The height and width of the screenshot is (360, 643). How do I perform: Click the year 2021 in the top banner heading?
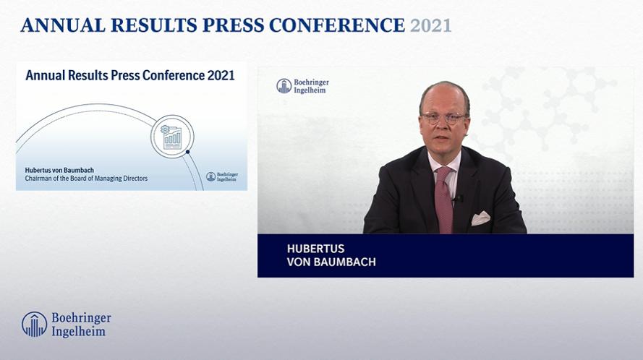point(430,25)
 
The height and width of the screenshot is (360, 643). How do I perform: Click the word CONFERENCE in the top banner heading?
point(337,25)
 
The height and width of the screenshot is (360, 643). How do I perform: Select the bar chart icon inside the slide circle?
point(172,138)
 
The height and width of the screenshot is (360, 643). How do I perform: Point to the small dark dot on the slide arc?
point(188,152)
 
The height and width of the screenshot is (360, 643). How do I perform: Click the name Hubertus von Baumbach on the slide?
point(59,170)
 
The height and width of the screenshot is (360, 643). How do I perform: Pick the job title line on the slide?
point(86,179)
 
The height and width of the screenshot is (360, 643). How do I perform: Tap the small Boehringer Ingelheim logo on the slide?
point(222,176)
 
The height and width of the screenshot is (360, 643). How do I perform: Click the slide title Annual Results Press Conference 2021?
point(130,75)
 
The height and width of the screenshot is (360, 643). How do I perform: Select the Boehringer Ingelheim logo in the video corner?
point(302,86)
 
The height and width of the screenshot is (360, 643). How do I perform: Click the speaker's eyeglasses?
point(445,118)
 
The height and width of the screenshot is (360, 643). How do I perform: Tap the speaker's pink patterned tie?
point(443,200)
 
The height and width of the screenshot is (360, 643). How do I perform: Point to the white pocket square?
point(480,218)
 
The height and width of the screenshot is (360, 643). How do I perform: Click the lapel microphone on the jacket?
point(457,199)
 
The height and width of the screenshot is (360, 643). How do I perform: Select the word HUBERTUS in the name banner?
point(316,249)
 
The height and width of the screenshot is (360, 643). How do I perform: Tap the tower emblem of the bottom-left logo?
point(35,325)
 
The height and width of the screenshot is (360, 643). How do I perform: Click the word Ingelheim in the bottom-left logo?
point(78,331)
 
